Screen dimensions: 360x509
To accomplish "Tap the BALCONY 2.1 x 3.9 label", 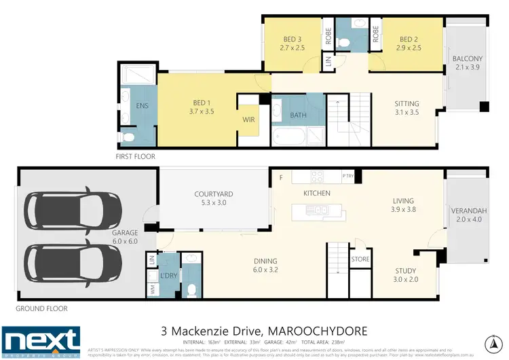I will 467,62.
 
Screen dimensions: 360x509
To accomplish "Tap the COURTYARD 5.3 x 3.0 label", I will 213,198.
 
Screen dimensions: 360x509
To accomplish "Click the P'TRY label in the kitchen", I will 349,177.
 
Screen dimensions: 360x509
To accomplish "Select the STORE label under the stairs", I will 360,259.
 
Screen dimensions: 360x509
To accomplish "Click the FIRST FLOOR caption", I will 136,156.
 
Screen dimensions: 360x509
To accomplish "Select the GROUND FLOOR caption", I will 42,308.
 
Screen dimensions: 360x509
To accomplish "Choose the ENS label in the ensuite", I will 142,106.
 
